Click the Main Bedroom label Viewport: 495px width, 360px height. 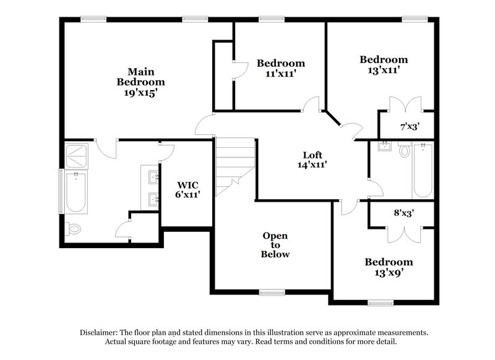pos(141,76)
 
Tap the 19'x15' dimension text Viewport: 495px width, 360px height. pos(141,93)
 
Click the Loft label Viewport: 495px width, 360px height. pos(312,155)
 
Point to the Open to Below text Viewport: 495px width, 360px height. pos(275,245)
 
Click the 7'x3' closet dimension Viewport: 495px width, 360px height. pos(410,127)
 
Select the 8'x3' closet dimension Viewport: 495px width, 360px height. pos(403,213)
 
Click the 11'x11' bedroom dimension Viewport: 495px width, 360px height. pos(281,73)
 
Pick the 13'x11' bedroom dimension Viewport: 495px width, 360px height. pos(384,70)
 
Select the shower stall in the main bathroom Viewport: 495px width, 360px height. pos(77,152)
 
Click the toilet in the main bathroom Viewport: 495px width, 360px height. pos(74,229)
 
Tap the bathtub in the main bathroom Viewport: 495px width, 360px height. pos(76,192)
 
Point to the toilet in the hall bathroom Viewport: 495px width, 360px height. pos(405,151)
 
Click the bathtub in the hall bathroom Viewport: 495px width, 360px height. pos(423,170)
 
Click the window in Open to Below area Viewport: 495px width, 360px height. pos(272,292)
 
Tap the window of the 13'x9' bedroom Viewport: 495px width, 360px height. pos(381,302)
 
